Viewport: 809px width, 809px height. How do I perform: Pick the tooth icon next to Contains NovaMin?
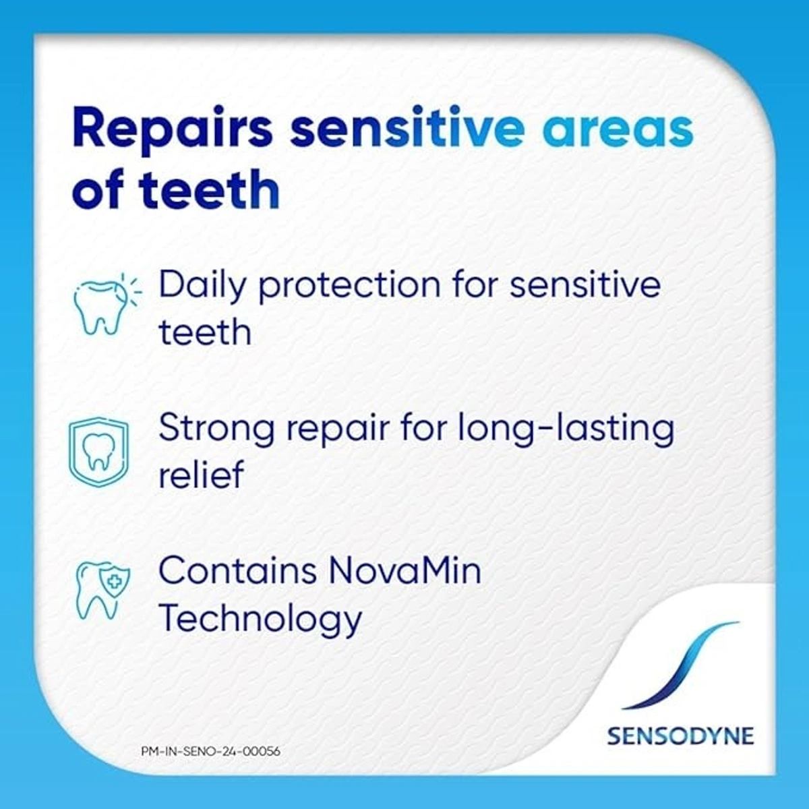[x=101, y=590]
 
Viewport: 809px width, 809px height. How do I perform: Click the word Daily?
[x=202, y=285]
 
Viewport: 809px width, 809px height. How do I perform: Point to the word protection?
[x=349, y=285]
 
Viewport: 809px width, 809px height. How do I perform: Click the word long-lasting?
[x=566, y=429]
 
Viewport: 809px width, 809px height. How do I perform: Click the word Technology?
[x=260, y=618]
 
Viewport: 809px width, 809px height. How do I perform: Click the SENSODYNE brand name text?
[x=680, y=736]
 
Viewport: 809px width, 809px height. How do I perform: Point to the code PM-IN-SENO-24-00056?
[x=211, y=751]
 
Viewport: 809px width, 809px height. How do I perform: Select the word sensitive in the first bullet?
[x=585, y=285]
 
